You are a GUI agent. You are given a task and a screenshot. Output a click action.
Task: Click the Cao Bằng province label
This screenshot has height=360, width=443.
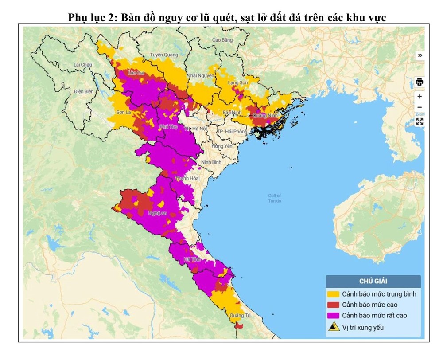tap(222, 40)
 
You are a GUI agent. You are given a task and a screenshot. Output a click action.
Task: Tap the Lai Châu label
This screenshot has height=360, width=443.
tap(82, 65)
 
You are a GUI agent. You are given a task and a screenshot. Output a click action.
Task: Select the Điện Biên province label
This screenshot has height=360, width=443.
tap(84, 91)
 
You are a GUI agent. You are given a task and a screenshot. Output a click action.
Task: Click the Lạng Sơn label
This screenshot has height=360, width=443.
tap(237, 82)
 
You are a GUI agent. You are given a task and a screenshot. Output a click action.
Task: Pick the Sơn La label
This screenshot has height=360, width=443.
tap(123, 113)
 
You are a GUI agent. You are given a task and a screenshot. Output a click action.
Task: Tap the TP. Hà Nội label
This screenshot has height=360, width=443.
tap(195, 129)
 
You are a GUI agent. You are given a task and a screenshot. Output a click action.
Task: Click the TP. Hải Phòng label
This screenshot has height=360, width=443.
tap(232, 132)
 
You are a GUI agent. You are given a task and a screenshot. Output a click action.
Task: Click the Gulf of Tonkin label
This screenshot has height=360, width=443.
tap(275, 198)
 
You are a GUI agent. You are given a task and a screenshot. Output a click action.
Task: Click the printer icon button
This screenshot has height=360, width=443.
tap(420, 82)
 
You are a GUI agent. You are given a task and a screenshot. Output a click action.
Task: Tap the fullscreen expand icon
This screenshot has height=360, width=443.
tap(420, 121)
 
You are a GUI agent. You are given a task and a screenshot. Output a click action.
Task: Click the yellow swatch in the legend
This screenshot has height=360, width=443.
tap(333, 294)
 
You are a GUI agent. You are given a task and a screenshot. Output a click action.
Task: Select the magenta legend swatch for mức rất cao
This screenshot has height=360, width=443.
tap(333, 315)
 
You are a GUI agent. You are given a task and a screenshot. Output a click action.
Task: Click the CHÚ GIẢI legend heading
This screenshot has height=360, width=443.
tap(373, 281)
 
